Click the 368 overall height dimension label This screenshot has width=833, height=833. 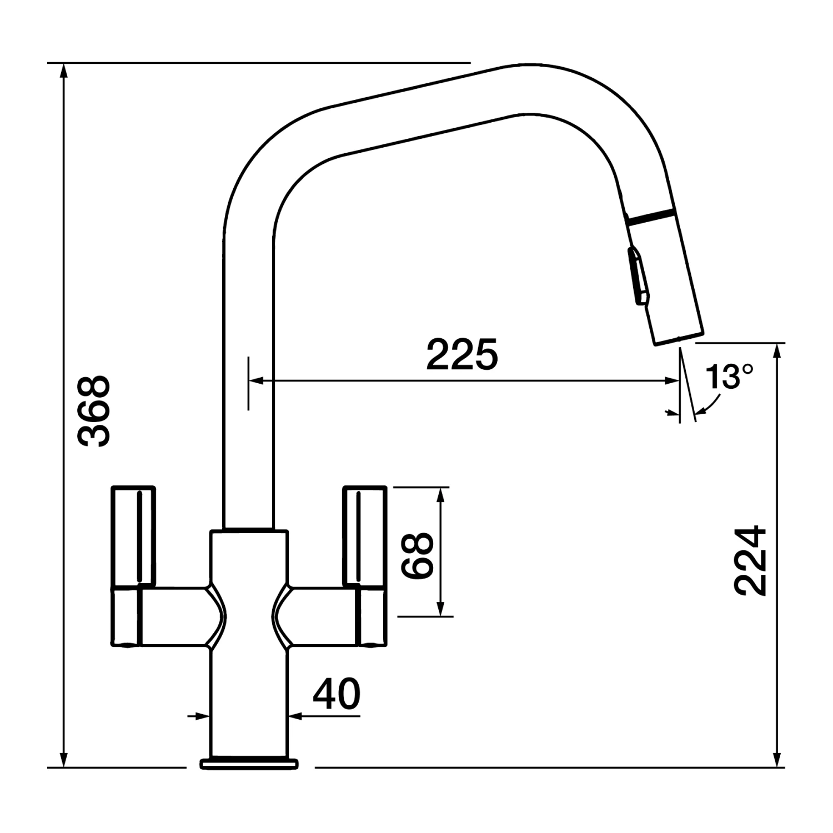tap(94, 412)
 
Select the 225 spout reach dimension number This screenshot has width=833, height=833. tap(462, 354)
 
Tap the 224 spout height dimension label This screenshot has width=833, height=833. tap(750, 561)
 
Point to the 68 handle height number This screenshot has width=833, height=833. tap(418, 556)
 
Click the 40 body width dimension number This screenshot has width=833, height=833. tap(336, 694)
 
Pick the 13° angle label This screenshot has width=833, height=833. tap(729, 377)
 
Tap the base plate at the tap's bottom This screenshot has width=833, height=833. tap(249, 763)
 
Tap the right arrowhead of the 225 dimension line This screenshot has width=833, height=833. tap(673, 381)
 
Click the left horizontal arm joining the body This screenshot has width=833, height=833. tap(175, 616)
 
